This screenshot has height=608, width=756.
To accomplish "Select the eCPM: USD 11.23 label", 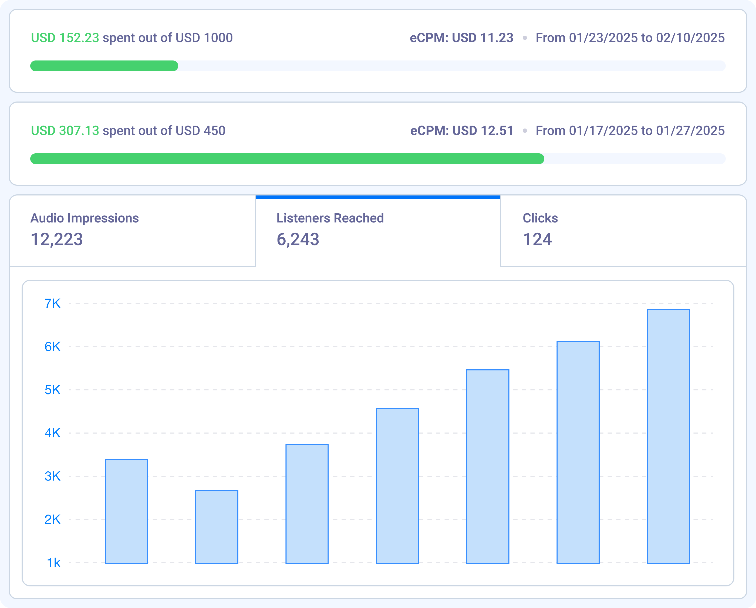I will click(461, 38).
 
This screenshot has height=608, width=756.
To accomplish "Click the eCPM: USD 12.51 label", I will click(461, 131).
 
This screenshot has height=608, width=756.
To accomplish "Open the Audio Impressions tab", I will click(85, 218).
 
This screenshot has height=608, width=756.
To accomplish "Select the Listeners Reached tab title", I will click(330, 218).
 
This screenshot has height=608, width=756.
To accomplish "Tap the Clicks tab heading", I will click(540, 218).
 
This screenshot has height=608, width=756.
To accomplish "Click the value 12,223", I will click(57, 239).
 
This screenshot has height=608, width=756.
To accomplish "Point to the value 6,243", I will click(298, 239).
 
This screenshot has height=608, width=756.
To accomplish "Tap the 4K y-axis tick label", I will click(53, 433).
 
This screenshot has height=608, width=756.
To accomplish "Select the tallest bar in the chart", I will click(668, 436).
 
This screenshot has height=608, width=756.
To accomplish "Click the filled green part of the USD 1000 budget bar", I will click(104, 66).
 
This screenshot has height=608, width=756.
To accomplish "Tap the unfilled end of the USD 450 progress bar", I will click(635, 159).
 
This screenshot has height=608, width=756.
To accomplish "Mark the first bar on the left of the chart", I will click(126, 511).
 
